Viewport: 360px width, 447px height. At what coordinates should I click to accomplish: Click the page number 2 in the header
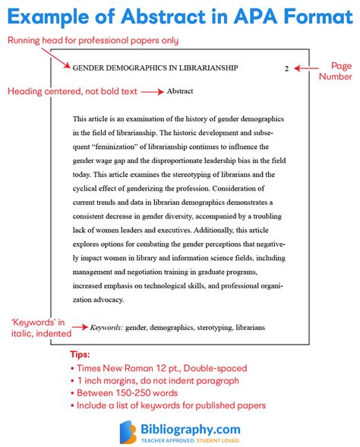tap(286, 68)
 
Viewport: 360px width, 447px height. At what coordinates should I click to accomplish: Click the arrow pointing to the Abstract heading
tap(152, 91)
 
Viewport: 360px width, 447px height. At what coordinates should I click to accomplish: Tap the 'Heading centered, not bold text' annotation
tap(71, 91)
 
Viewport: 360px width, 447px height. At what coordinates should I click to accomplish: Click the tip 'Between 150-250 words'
tap(127, 392)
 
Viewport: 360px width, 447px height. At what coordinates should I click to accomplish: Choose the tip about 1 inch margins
tap(157, 380)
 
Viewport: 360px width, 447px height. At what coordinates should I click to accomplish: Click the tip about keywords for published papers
tap(171, 405)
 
